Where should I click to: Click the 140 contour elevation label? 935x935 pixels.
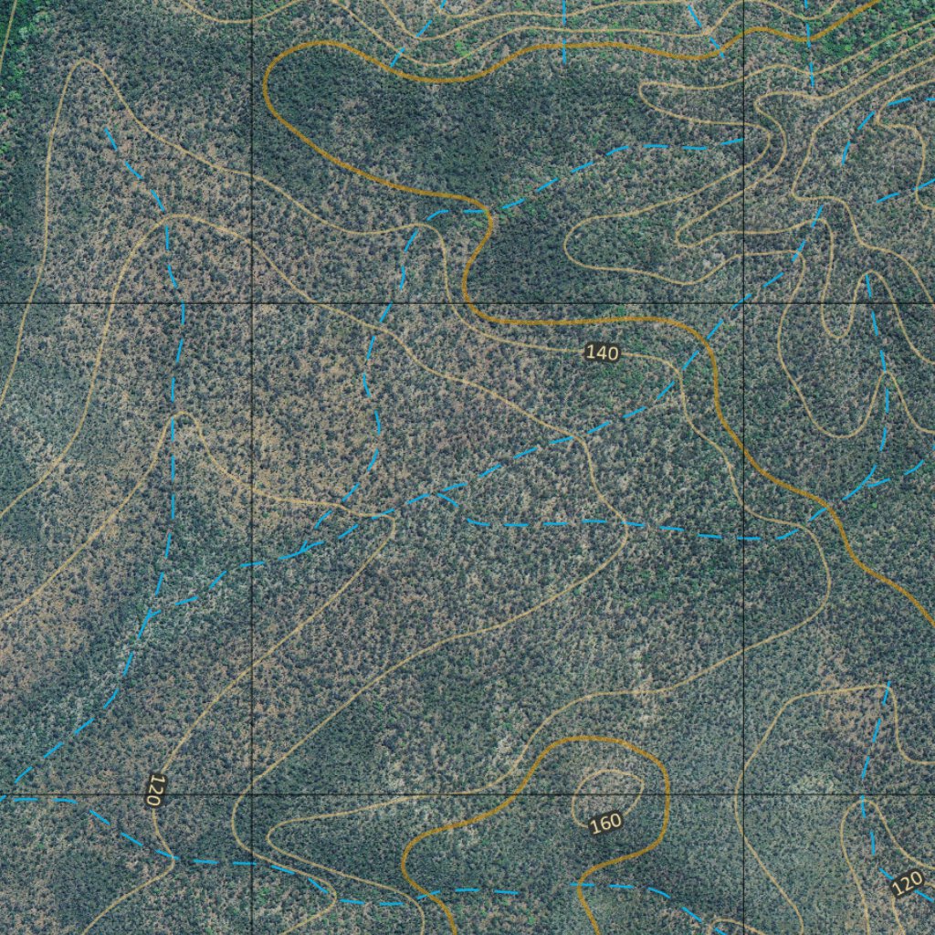click(x=602, y=353)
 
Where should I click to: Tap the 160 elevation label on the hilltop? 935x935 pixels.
click(x=605, y=823)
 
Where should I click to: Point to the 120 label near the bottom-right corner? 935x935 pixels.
click(x=908, y=883)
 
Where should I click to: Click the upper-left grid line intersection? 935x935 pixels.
click(x=252, y=302)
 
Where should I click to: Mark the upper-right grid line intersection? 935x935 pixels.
click(x=744, y=302)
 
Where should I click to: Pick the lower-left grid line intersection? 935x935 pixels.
click(x=252, y=794)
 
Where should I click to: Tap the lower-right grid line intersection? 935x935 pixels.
click(x=744, y=794)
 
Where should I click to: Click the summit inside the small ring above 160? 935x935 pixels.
click(x=607, y=789)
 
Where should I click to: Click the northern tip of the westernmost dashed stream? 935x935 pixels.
click(x=108, y=131)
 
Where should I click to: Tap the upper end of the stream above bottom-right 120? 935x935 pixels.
click(x=888, y=683)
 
